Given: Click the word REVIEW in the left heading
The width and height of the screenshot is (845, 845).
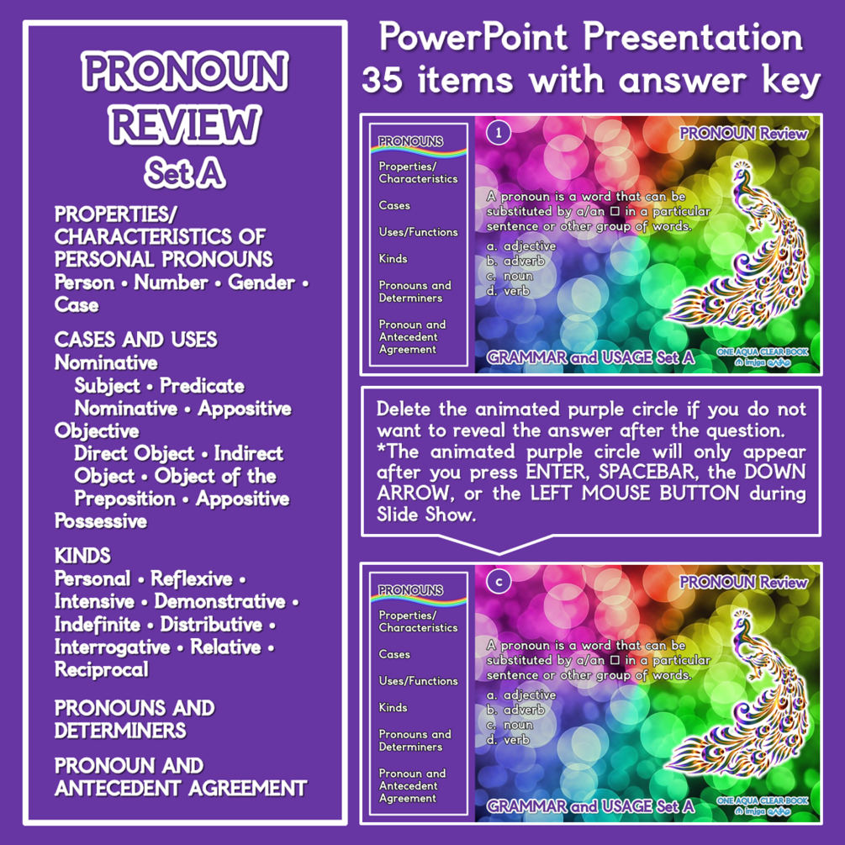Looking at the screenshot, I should pos(184,125).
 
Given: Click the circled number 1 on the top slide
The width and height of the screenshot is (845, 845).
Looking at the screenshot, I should pos(499,133).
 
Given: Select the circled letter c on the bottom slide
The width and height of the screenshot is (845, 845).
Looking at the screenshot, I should pos(499,582).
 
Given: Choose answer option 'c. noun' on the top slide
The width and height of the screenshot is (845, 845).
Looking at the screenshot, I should pos(510,276).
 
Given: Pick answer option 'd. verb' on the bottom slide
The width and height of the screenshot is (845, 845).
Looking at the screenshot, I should pos(508,740).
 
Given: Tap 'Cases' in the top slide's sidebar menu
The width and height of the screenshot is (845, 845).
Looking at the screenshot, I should pos(394,205).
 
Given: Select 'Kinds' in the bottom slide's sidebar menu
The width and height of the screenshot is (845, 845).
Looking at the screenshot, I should pos(393,707).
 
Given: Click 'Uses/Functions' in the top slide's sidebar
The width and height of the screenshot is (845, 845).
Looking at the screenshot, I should pos(418,232).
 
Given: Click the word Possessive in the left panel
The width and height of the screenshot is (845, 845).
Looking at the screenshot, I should pos(101,521).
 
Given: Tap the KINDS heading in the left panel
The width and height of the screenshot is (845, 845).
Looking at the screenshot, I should pos(82,556).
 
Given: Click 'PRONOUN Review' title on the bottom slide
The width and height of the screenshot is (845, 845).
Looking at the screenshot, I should pos(743,583).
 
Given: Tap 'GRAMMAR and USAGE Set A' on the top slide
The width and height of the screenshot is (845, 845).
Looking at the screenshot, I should pos(590,358).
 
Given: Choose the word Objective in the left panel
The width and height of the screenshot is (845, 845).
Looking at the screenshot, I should pos(97,431).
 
